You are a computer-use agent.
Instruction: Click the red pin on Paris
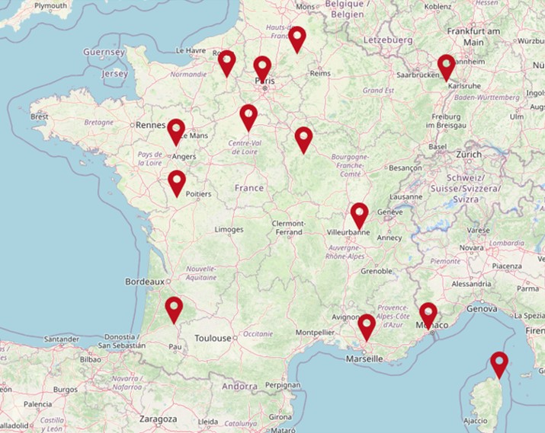pos(262,68)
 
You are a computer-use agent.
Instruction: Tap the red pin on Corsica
pos(499,363)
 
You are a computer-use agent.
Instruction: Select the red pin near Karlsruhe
pos(446,66)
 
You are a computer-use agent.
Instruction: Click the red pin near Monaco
pos(428,314)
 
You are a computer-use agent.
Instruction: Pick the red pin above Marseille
pos(367,326)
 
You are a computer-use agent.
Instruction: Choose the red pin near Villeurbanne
pos(360,214)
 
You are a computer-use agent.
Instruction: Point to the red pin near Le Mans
pos(176,130)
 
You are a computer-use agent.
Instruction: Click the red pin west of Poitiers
pos(177,182)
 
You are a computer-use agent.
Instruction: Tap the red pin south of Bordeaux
pos(175,308)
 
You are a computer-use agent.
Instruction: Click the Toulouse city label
pos(213,338)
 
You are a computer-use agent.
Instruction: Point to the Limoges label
pos(229,229)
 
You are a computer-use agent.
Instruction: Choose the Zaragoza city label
pos(158,419)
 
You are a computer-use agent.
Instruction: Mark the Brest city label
pos(40,117)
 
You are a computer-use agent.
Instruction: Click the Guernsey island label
pos(104,52)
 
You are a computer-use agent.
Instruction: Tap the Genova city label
pos(482,309)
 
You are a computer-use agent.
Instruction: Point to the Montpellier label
pos(316,333)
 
